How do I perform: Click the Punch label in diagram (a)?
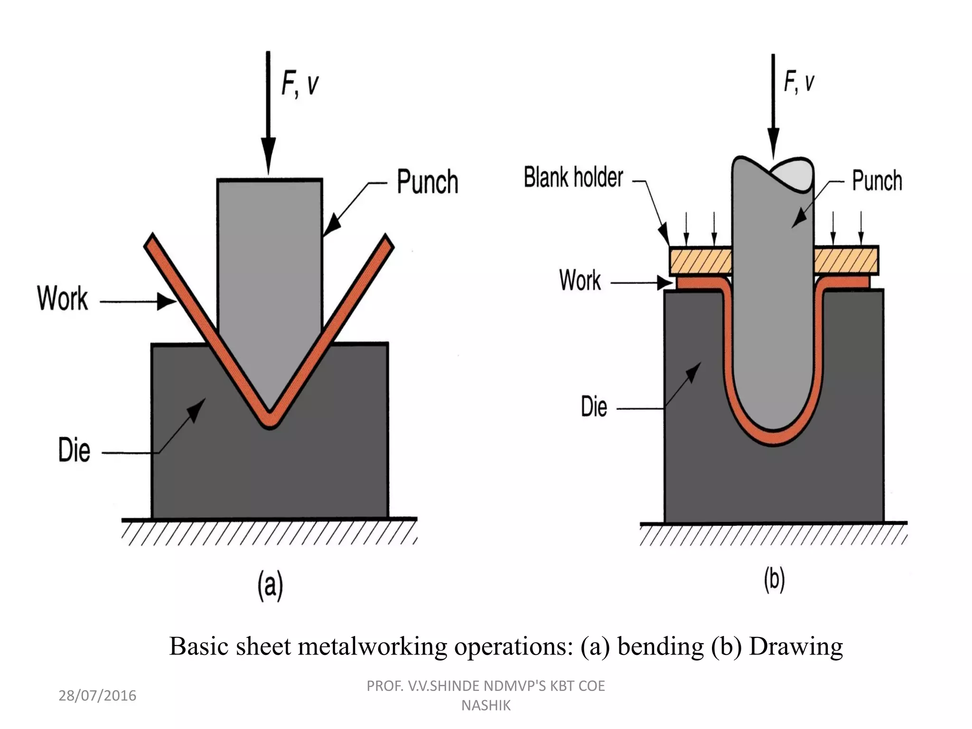click(427, 182)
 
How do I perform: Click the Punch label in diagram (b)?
click(877, 181)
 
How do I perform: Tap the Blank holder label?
click(573, 178)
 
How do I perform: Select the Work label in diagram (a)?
click(63, 299)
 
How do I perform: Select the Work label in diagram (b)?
click(579, 280)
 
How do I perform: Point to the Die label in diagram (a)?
click(74, 450)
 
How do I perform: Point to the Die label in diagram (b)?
click(594, 407)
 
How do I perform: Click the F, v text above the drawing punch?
click(799, 82)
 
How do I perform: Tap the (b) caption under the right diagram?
click(774, 580)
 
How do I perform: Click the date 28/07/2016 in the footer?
click(97, 696)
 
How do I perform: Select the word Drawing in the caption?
click(795, 646)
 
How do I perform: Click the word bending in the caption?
click(660, 646)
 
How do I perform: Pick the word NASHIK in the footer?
click(486, 706)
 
